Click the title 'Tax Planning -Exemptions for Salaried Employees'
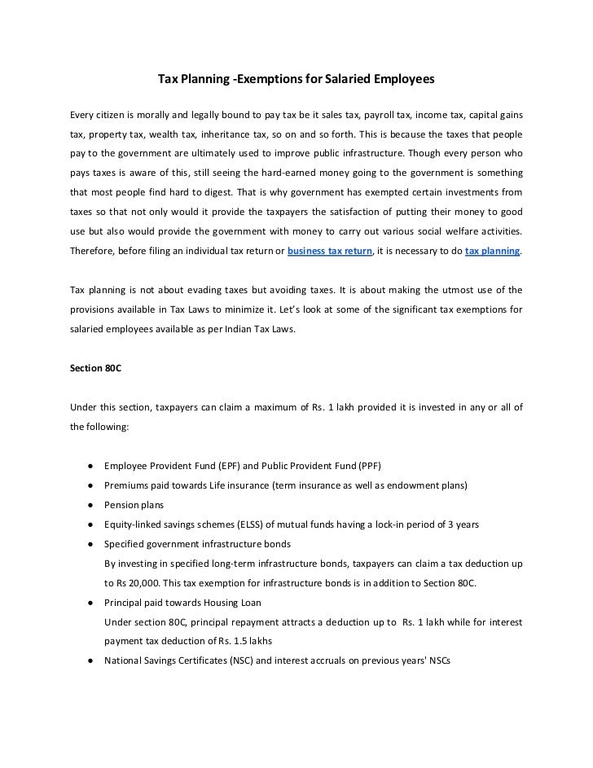tap(296, 81)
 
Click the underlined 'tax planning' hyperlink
tap(492, 252)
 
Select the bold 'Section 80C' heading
tap(95, 367)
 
